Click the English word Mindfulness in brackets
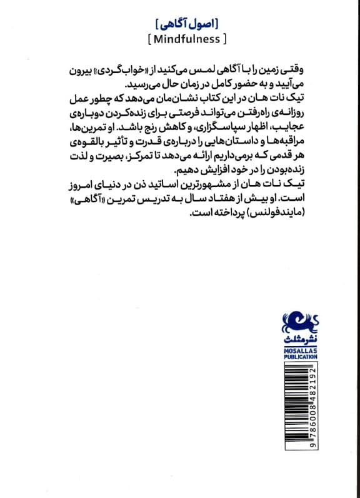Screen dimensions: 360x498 [x=186, y=39]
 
